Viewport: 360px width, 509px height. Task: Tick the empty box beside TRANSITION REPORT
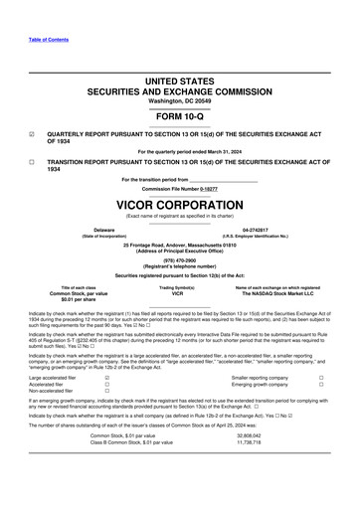click(33, 160)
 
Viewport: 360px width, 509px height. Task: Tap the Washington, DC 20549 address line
click(180, 100)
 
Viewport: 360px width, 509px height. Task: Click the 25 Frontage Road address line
click(180, 244)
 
